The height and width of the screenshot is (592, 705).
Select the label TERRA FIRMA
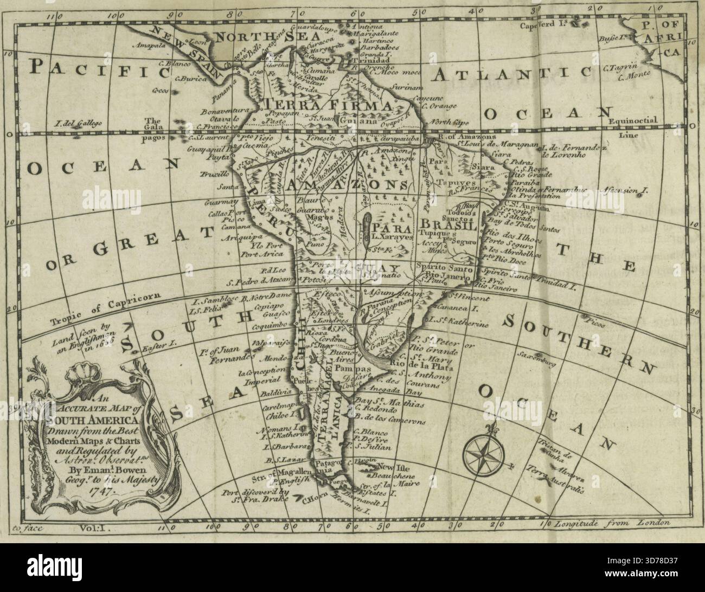[x=326, y=105]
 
